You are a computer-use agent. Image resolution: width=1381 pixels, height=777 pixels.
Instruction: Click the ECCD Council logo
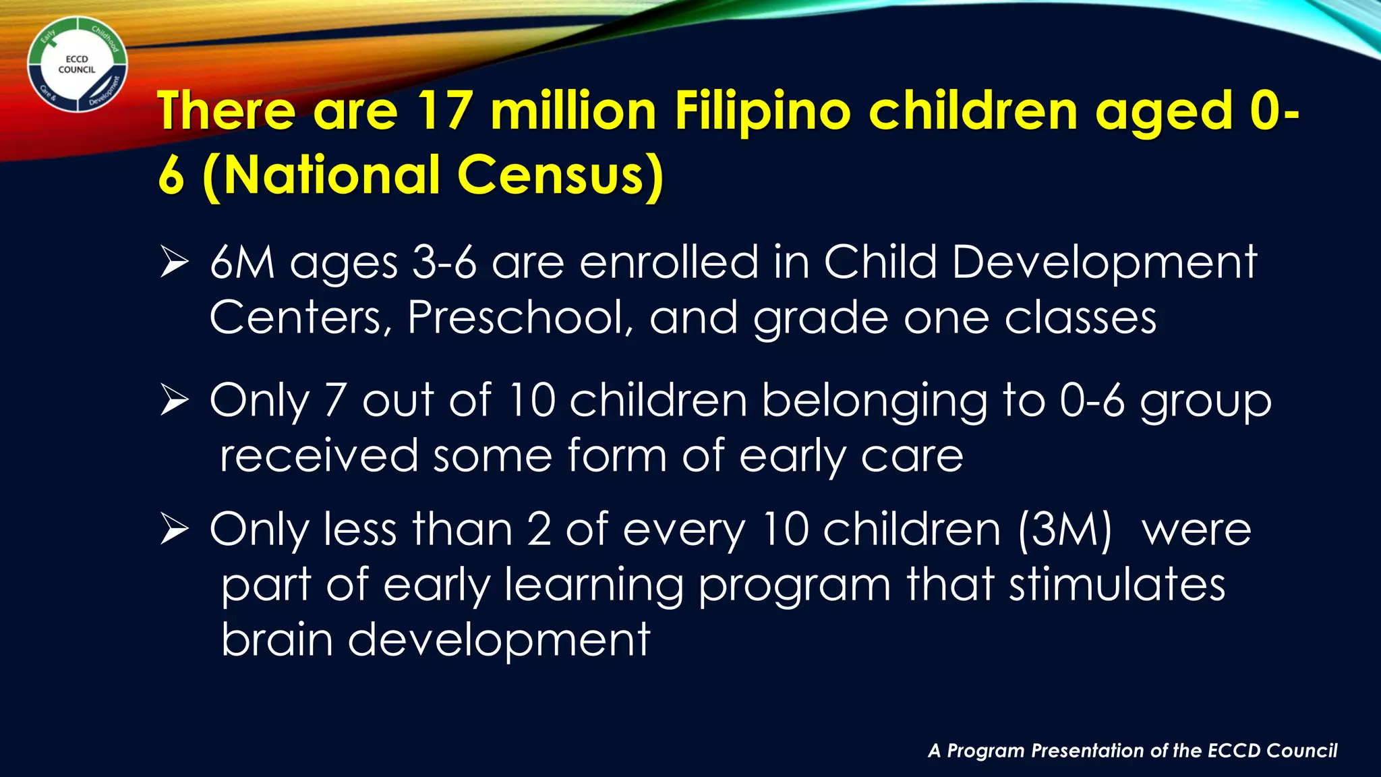tap(77, 65)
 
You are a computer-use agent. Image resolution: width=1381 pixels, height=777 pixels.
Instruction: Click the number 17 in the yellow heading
tap(443, 111)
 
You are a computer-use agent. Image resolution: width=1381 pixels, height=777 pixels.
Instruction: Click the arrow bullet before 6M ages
tap(174, 263)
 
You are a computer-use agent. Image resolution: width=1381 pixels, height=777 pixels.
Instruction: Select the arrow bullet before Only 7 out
tap(174, 401)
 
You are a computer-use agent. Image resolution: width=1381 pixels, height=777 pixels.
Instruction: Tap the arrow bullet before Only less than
tap(174, 530)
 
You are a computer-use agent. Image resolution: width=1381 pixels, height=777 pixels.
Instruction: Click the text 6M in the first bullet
tap(242, 262)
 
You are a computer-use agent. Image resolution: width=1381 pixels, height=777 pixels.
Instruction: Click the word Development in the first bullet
tap(1104, 262)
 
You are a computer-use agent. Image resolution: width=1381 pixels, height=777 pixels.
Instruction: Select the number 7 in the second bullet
tap(335, 401)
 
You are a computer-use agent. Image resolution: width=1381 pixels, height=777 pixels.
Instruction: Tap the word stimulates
tap(1117, 585)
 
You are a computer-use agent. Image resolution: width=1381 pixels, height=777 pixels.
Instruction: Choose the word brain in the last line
tap(276, 639)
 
